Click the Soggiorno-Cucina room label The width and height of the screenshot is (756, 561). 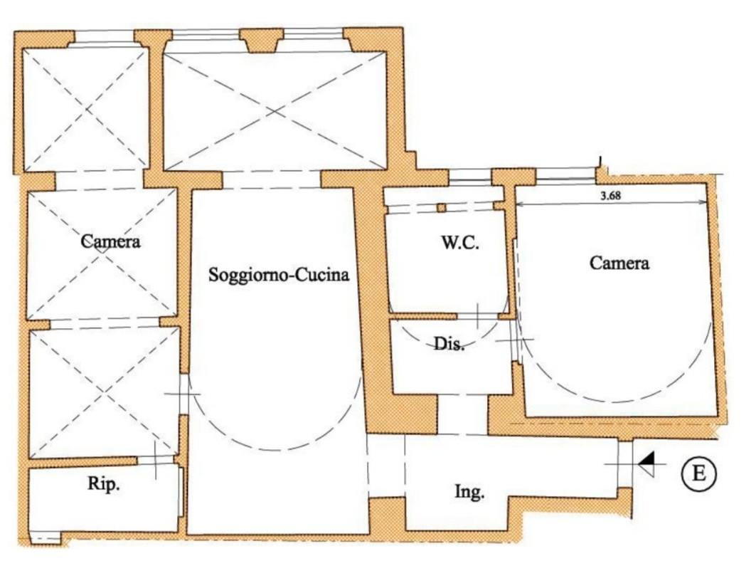pyautogui.click(x=279, y=275)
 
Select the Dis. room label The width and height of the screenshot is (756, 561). pyautogui.click(x=449, y=344)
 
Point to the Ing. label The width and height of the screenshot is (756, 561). pyautogui.click(x=469, y=493)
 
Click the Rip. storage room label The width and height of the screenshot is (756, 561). pyautogui.click(x=104, y=483)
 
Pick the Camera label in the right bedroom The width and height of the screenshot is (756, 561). pyautogui.click(x=619, y=263)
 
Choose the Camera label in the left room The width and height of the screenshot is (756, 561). pyautogui.click(x=110, y=241)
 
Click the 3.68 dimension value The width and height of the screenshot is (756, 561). pyautogui.click(x=610, y=196)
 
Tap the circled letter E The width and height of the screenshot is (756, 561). pyautogui.click(x=698, y=473)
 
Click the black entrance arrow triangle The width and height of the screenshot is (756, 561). pyautogui.click(x=647, y=464)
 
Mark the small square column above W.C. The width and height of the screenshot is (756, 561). pyautogui.click(x=441, y=208)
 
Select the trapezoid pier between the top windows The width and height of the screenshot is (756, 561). pyautogui.click(x=262, y=41)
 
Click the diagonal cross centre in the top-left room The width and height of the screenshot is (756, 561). pyautogui.click(x=87, y=110)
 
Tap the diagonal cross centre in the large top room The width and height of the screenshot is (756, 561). pyautogui.click(x=275, y=112)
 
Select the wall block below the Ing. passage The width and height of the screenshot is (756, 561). pyautogui.click(x=387, y=515)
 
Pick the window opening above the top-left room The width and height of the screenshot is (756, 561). pyautogui.click(x=104, y=37)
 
